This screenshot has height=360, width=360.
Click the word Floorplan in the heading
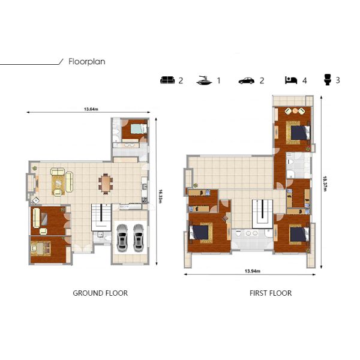pyautogui.click(x=87, y=62)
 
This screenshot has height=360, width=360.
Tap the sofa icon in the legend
pyautogui.click(x=167, y=80)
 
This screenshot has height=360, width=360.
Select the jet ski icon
pyautogui.click(x=205, y=80)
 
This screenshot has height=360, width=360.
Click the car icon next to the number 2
pyautogui.click(x=247, y=81)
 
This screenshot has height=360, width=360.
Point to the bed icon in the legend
pyautogui.click(x=291, y=80)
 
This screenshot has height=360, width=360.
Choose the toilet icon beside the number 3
pyautogui.click(x=328, y=80)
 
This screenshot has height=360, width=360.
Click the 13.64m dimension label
pyautogui.click(x=91, y=109)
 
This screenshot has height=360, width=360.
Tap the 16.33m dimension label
pyautogui.click(x=160, y=196)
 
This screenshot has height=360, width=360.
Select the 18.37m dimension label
pyautogui.click(x=325, y=184)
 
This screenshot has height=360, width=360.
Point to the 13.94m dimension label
pyautogui.click(x=253, y=271)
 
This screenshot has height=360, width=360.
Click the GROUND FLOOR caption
pyautogui.click(x=100, y=293)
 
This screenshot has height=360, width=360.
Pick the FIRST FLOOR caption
pyautogui.click(x=271, y=293)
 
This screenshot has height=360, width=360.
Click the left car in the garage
pyautogui.click(x=122, y=238)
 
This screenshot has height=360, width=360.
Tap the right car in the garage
pyautogui.click(x=139, y=238)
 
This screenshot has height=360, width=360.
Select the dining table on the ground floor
pyautogui.click(x=106, y=184)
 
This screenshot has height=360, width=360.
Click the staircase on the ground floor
pyautogui.click(x=101, y=217)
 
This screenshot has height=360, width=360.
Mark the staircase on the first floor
pyautogui.click(x=262, y=214)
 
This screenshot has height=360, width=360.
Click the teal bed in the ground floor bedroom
pyautogui.click(x=139, y=128)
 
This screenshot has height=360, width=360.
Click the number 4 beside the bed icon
pyautogui.click(x=304, y=80)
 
